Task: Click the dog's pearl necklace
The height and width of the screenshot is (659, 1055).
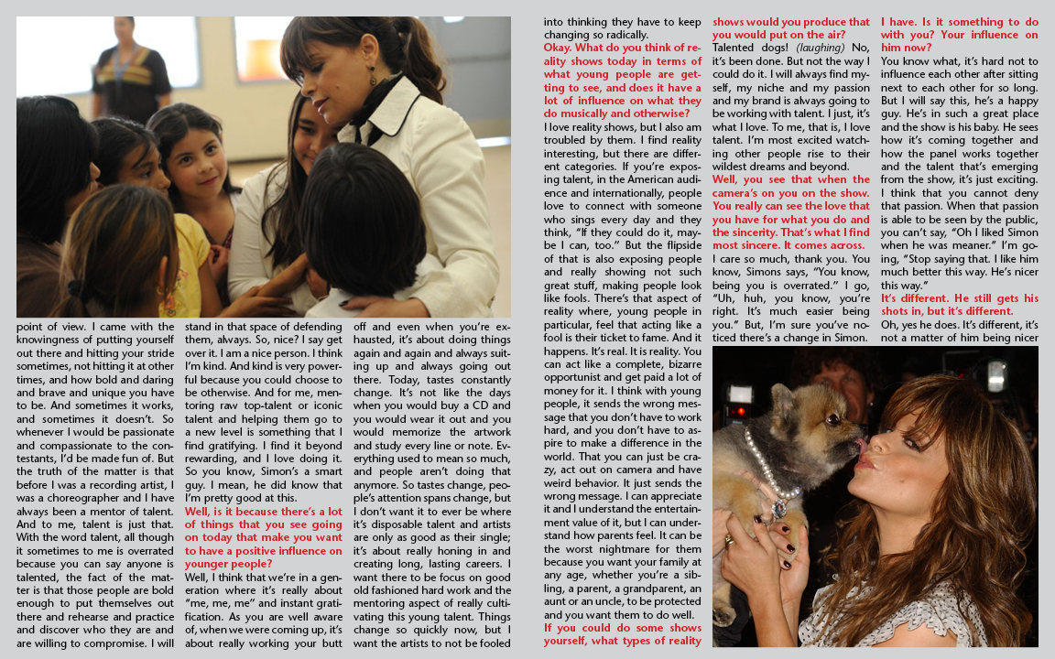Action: click(767, 467)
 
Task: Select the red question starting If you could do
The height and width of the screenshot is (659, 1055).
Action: click(623, 634)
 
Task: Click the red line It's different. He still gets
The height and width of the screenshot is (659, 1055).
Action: click(960, 298)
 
